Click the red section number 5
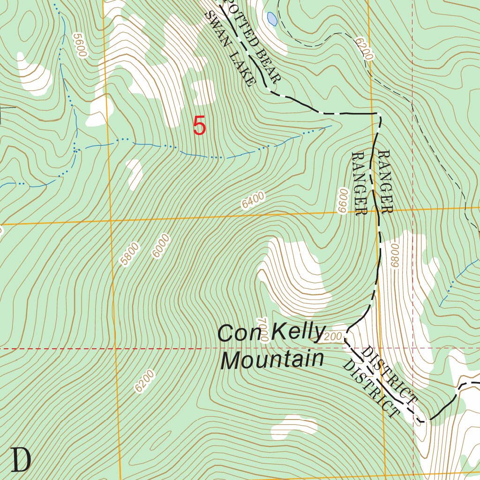(x=199, y=127)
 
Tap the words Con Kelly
(x=271, y=333)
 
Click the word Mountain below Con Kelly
(x=272, y=360)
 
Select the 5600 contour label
(x=80, y=45)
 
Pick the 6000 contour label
(x=160, y=246)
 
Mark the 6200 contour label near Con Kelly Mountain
(x=143, y=381)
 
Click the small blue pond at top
(x=271, y=19)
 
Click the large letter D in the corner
(x=21, y=460)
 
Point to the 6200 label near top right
(x=364, y=49)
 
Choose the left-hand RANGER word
(x=359, y=183)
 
